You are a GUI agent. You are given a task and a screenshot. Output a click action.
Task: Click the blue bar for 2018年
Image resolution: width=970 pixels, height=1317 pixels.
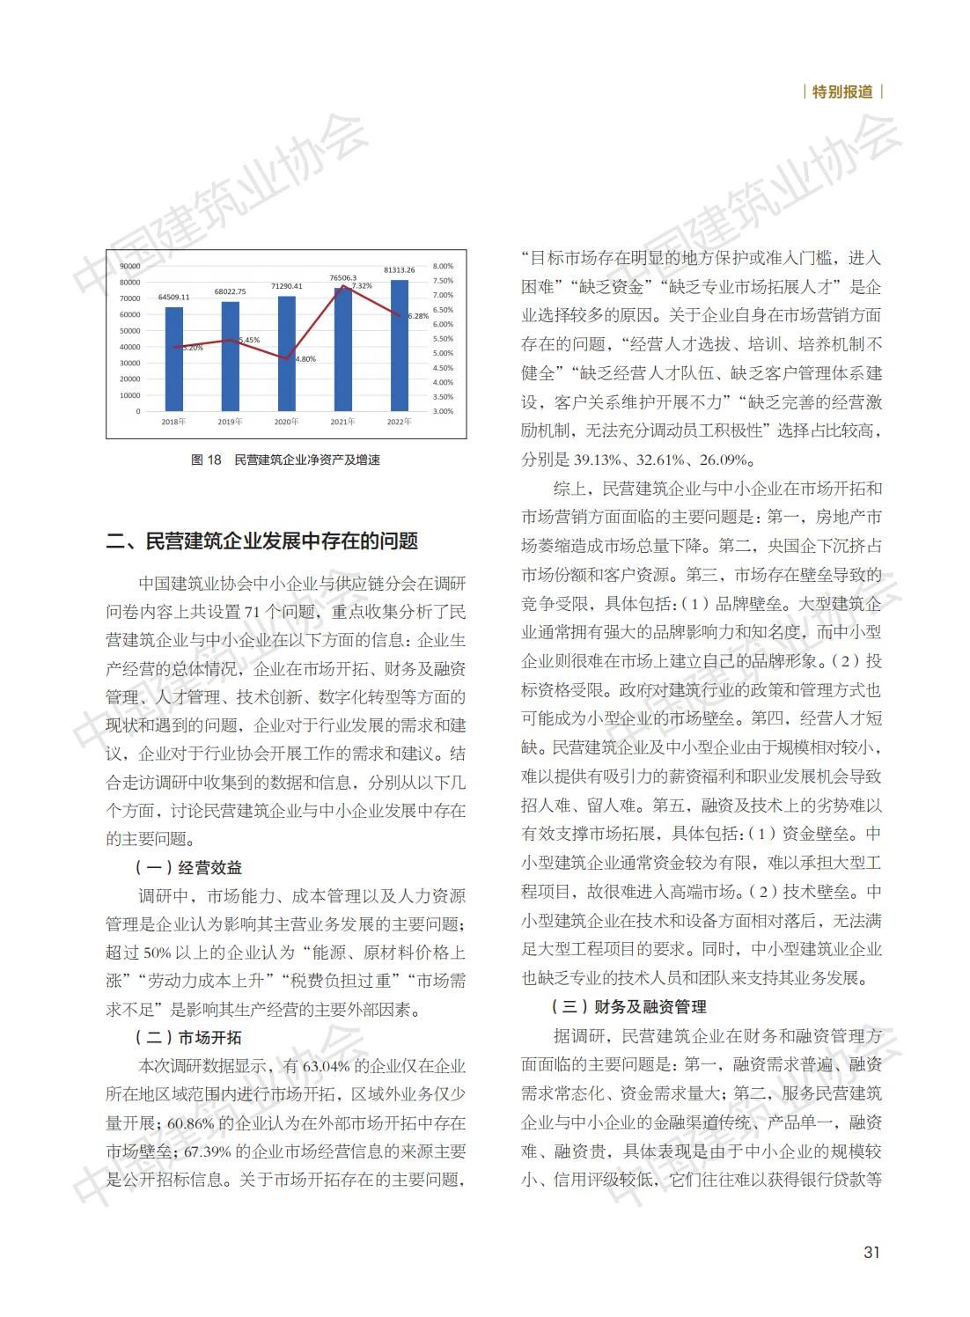(x=174, y=358)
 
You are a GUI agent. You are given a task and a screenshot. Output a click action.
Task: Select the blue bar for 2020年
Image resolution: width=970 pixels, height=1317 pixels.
(x=287, y=353)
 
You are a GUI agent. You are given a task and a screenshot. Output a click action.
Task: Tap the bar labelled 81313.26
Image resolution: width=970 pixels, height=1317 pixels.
(x=399, y=345)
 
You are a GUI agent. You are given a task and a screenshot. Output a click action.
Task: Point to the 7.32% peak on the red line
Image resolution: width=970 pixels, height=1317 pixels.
(x=343, y=288)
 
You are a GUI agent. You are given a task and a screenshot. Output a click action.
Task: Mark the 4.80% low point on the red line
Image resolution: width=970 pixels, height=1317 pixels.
(x=287, y=358)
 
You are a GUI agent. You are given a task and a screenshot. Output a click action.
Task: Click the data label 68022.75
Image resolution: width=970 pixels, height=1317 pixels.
(x=230, y=291)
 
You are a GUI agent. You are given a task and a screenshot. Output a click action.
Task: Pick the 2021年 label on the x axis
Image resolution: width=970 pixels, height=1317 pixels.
(x=342, y=422)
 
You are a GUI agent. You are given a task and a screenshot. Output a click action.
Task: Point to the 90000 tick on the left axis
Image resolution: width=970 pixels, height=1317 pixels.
(x=129, y=266)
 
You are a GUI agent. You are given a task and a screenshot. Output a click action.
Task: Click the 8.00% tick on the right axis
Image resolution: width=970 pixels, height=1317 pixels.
(x=443, y=266)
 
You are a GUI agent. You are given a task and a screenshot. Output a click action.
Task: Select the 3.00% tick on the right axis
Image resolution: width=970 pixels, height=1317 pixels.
(x=443, y=411)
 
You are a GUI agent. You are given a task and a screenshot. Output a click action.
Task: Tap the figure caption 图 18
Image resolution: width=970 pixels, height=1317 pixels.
(x=207, y=460)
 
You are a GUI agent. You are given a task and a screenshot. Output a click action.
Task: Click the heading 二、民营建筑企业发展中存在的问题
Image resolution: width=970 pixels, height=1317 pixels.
(x=261, y=541)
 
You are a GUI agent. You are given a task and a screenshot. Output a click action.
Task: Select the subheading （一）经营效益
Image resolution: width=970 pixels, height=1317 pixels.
(x=187, y=867)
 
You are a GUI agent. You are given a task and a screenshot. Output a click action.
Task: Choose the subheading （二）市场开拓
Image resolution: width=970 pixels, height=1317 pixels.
(x=187, y=1037)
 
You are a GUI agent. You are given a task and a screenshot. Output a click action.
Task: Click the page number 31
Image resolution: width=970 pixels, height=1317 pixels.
(x=871, y=1252)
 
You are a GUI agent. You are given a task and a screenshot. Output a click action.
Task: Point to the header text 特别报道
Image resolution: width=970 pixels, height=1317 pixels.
(x=842, y=92)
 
